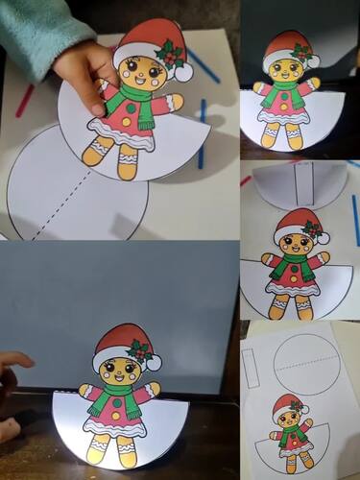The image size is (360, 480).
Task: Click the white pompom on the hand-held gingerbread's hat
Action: tap(183, 72)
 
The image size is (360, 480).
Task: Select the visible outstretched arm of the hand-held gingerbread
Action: tap(170, 103)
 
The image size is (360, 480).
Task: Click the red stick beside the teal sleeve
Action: tap(24, 101)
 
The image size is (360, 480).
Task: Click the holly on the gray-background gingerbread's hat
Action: tap(140, 350)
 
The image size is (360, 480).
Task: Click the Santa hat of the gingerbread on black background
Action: tap(287, 44)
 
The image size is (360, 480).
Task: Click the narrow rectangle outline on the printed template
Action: tap(252, 367)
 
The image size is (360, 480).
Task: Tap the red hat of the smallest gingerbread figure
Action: tap(285, 404)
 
